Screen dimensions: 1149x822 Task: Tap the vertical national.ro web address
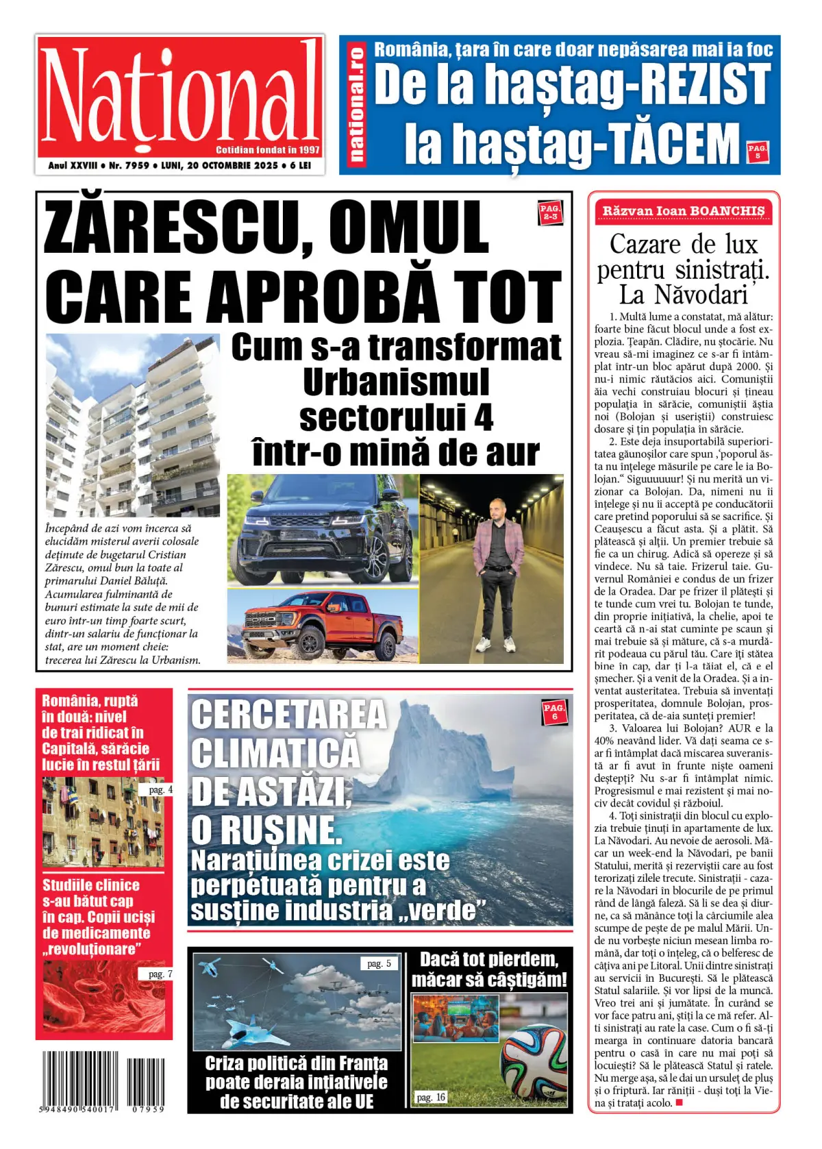tap(356, 105)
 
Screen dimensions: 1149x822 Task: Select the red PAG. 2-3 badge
tap(550, 212)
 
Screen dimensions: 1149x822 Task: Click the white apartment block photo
tap(132, 425)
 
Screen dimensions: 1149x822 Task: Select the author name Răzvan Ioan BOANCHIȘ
tap(683, 211)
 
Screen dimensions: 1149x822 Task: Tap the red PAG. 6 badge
tap(554, 711)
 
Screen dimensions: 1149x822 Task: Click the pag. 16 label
tap(431, 1097)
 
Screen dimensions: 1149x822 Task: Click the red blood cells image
tap(103, 997)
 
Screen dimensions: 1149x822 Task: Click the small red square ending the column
tap(680, 1102)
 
